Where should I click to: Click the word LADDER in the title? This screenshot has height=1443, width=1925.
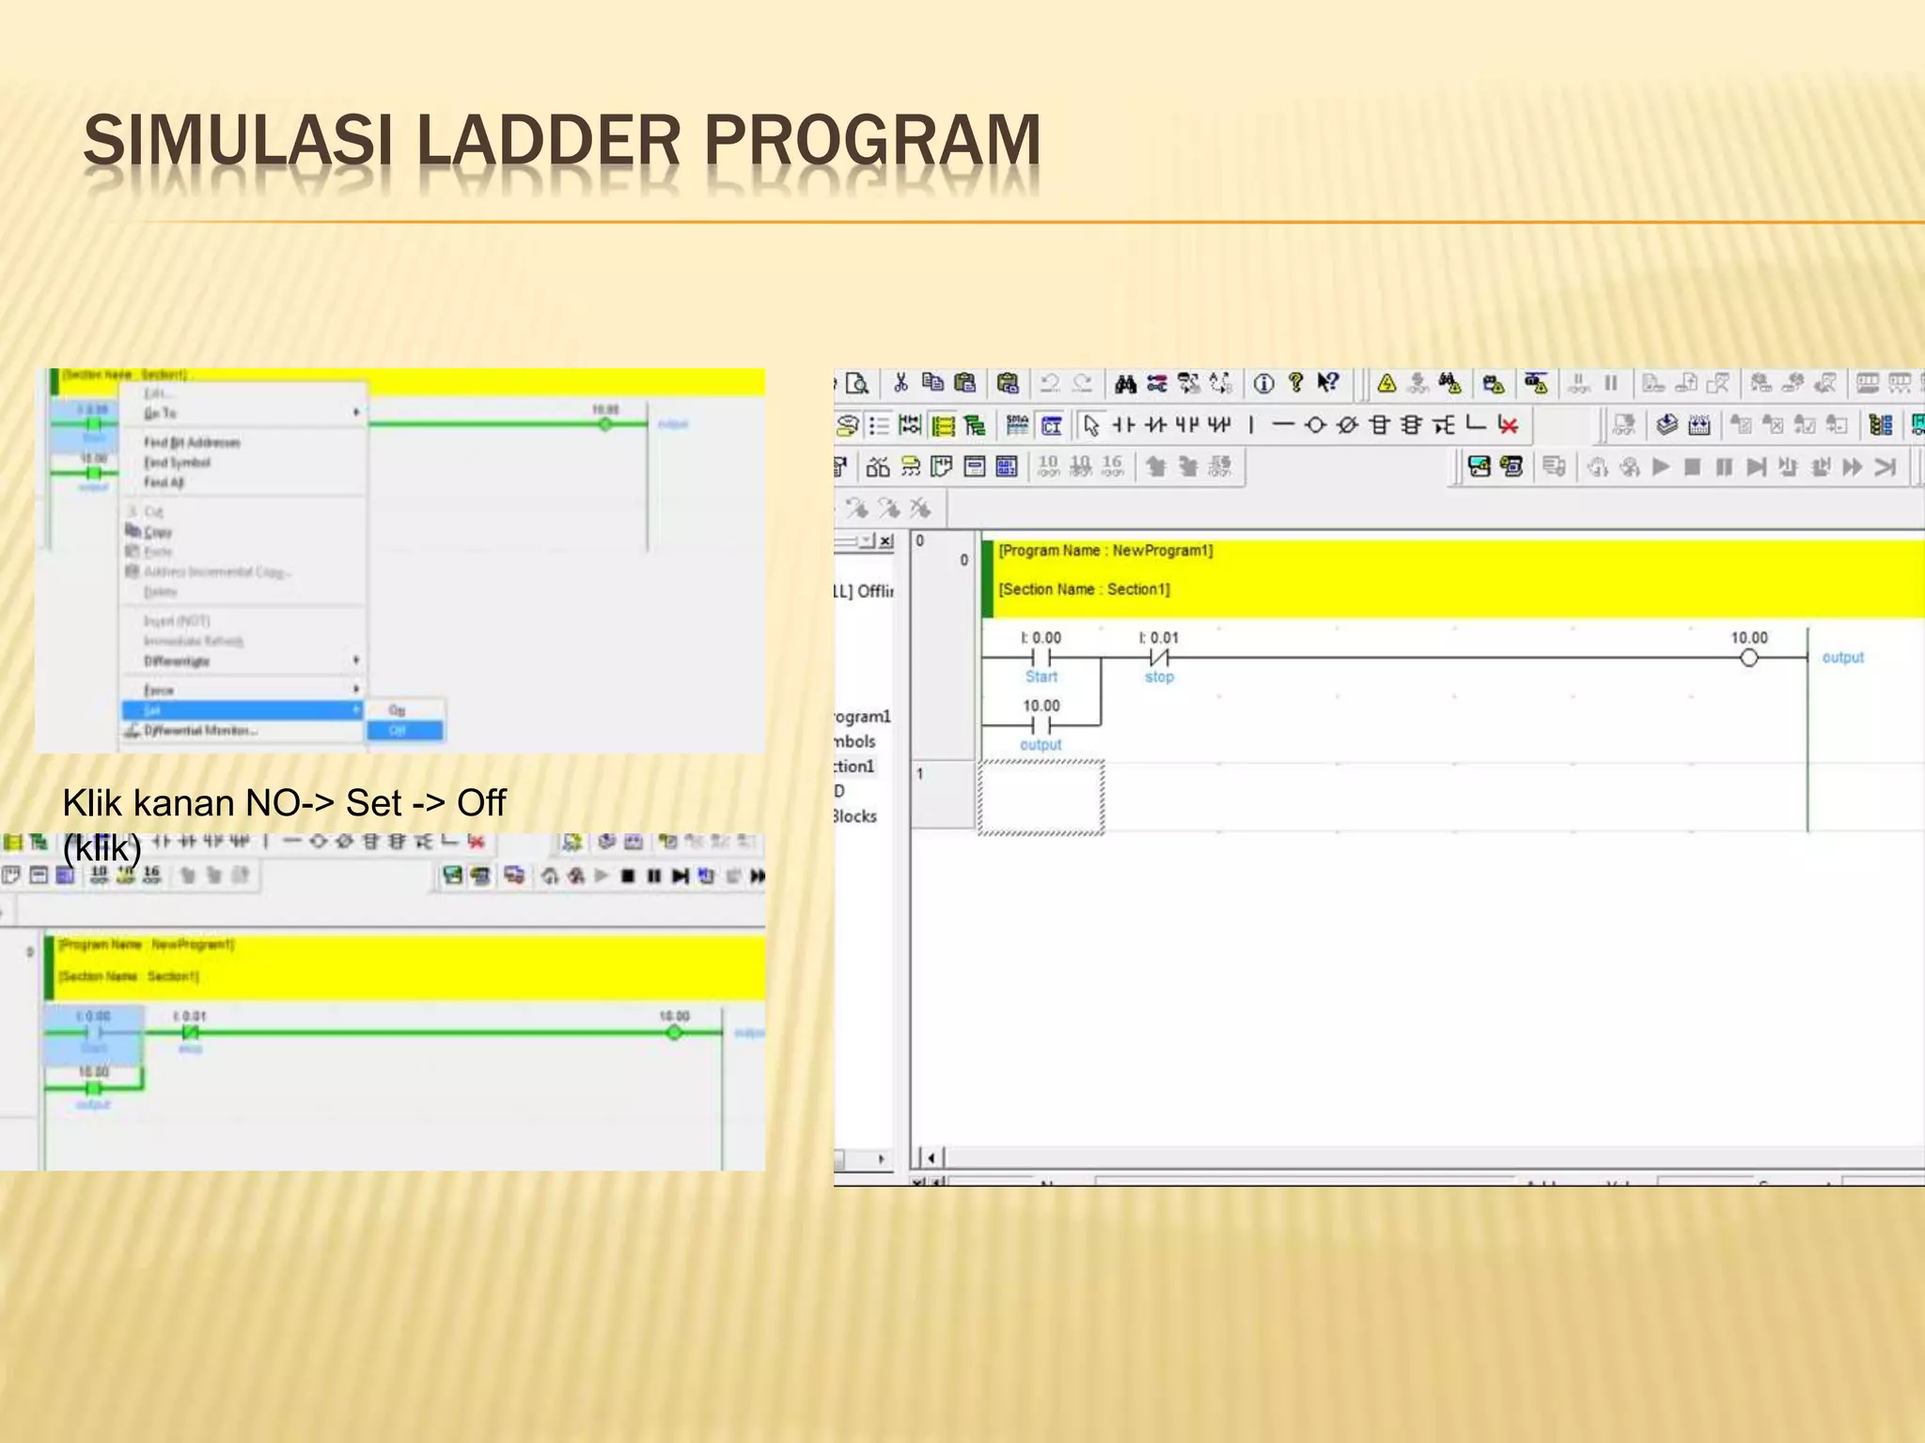547,141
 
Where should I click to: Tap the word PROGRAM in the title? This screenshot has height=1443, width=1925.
871,141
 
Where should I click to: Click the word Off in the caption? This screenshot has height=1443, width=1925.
481,803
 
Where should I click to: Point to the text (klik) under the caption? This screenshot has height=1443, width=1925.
102,848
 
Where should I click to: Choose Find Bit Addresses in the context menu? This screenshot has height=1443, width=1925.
192,442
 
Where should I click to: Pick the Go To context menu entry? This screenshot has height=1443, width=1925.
160,413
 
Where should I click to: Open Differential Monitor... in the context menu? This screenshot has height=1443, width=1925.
200,730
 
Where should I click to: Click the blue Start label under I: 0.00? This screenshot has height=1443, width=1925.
1041,676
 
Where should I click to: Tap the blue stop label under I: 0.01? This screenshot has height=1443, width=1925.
1159,676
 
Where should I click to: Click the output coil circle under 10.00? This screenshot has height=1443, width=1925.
1748,658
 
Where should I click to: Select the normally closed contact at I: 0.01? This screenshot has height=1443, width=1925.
1159,658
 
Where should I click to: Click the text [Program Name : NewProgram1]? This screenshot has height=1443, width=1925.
1105,551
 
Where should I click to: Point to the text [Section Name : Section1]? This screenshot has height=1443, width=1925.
1084,589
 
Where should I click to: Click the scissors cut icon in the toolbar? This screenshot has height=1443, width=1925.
900,382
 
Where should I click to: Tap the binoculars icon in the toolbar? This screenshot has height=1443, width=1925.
1125,383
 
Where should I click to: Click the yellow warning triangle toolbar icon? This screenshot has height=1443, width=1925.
1386,383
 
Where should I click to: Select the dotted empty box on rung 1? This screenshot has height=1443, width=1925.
1041,798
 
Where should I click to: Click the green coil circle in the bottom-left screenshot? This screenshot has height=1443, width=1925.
674,1032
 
